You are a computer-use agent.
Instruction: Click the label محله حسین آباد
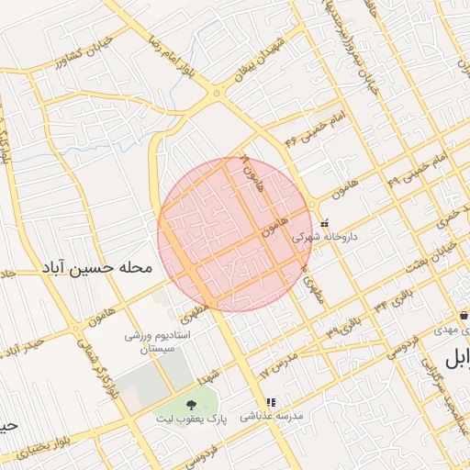(95, 269)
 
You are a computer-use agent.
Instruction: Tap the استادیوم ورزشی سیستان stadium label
(157, 343)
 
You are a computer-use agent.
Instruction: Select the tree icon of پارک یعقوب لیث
(191, 405)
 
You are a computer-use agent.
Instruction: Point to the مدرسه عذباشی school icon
(271, 402)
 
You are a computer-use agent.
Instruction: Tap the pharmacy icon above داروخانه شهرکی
(324, 221)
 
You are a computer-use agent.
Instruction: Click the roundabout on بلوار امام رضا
(217, 93)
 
